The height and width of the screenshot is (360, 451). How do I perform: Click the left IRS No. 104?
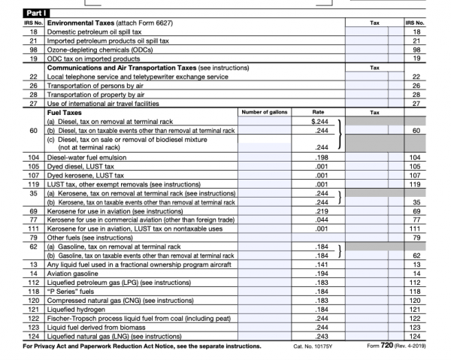[x=33, y=159]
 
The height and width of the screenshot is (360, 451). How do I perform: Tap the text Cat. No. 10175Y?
[x=313, y=346]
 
